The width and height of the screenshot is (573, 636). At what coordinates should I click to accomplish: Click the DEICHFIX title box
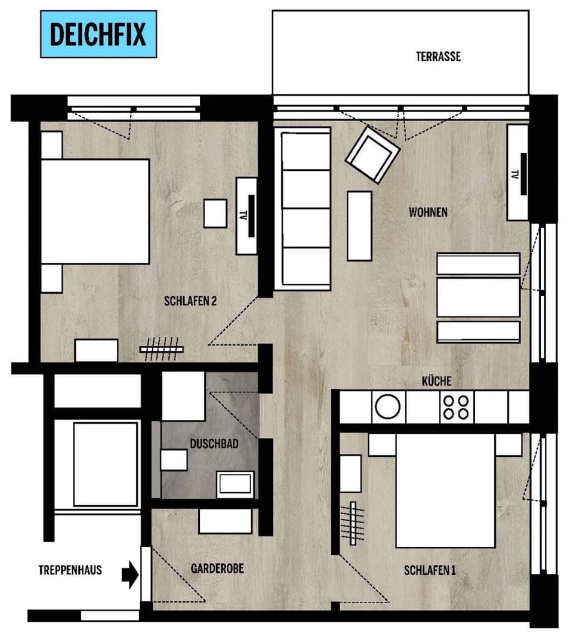pyautogui.click(x=98, y=34)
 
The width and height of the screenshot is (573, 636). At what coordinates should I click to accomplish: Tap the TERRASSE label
pyautogui.click(x=438, y=57)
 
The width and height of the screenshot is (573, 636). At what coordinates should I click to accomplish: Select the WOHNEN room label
pyautogui.click(x=427, y=212)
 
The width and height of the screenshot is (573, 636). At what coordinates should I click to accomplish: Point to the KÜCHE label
pyautogui.click(x=436, y=381)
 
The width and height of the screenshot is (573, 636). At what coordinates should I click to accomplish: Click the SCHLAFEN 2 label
pyautogui.click(x=189, y=301)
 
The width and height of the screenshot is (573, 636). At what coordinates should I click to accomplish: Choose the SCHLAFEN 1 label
pyautogui.click(x=430, y=570)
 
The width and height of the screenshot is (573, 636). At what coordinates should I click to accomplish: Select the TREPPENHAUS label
pyautogui.click(x=70, y=570)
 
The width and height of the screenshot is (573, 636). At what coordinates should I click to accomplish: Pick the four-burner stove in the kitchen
pyautogui.click(x=456, y=407)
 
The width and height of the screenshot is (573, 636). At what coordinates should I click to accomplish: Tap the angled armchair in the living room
pyautogui.click(x=372, y=154)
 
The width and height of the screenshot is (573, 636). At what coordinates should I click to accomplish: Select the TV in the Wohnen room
pyautogui.click(x=518, y=173)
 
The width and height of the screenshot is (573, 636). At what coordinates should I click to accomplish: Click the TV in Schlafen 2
pyautogui.click(x=247, y=215)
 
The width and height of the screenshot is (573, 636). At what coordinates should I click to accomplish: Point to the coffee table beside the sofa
pyautogui.click(x=359, y=225)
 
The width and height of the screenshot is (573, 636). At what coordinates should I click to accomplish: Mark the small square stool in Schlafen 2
pyautogui.click(x=215, y=213)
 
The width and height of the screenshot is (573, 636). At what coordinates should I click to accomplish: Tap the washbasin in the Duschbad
pyautogui.click(x=235, y=483)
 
